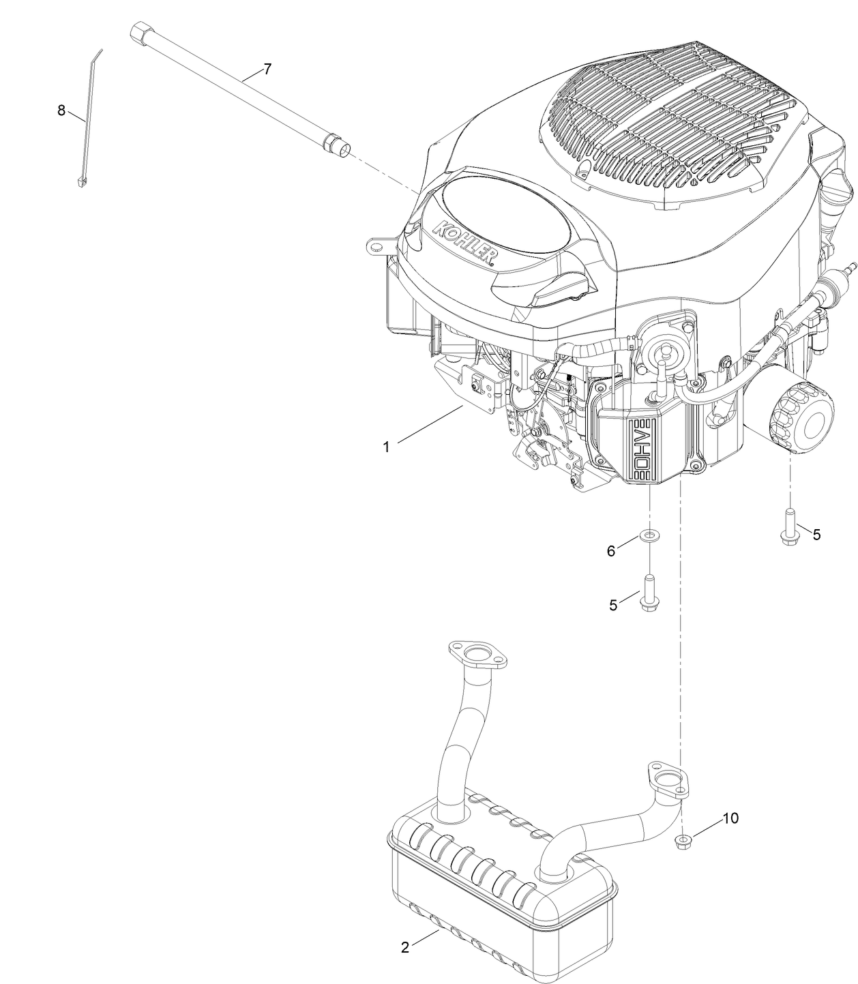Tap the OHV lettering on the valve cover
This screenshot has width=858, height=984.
(x=642, y=451)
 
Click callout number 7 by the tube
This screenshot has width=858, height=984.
(x=267, y=69)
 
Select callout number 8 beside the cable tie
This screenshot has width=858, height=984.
(x=61, y=110)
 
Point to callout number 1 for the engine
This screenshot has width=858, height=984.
(x=386, y=447)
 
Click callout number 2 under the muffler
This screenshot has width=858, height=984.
(x=405, y=947)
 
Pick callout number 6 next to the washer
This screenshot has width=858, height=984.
(x=611, y=551)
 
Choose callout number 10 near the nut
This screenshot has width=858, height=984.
(x=730, y=818)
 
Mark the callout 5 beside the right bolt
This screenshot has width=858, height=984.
(x=816, y=535)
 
